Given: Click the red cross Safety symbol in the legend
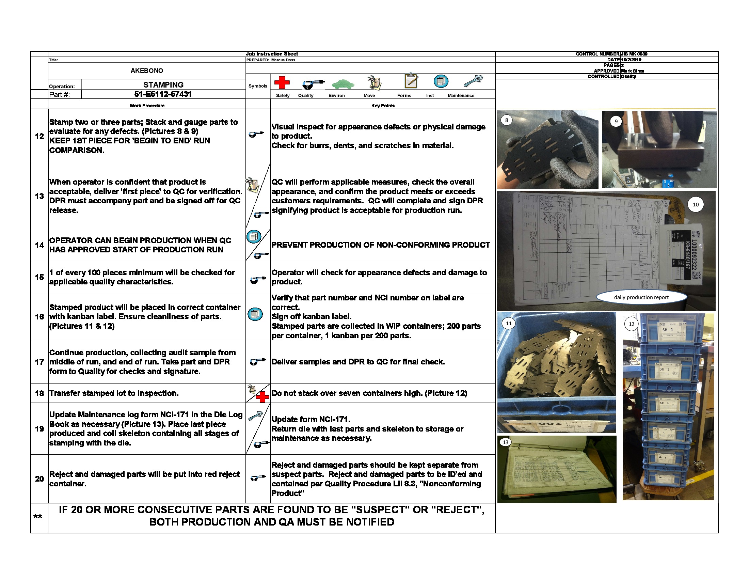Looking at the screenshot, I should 282,82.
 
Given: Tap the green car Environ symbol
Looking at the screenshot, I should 342,84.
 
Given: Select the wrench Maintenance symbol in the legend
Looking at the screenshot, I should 473,81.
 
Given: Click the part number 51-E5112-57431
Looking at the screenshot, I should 163,94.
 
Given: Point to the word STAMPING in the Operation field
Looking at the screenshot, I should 163,85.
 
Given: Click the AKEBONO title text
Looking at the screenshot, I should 147,71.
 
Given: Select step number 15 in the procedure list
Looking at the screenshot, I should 39,277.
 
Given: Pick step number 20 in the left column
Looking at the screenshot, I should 39,479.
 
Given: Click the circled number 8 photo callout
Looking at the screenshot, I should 507,120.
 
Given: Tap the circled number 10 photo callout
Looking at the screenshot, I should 696,205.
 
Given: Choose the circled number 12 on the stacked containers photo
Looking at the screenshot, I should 631,324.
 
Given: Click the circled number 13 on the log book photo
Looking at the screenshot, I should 506,442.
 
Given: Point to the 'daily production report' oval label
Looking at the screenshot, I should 641,297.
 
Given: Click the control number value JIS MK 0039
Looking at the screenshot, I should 634,54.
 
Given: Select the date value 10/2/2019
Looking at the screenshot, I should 631,60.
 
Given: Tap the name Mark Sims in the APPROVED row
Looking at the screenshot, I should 633,71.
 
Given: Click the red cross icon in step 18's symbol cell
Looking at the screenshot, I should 262,397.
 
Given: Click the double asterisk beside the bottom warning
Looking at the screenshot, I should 38,517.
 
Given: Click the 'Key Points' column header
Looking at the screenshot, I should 383,106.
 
